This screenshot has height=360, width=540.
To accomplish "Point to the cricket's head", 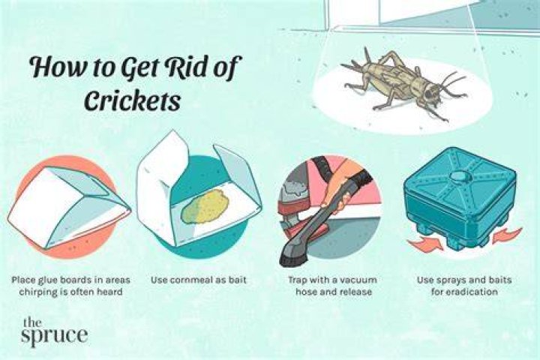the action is click(430, 92).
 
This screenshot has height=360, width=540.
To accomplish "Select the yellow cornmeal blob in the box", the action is click(205, 206).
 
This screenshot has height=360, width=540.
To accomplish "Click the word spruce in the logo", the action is click(54, 335).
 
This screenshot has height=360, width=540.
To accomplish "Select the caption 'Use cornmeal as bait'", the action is click(199, 280).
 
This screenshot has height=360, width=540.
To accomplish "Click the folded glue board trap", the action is click(69, 206).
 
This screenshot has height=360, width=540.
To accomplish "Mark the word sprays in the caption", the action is click(450, 280).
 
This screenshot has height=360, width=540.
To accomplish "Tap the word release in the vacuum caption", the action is click(355, 292).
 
